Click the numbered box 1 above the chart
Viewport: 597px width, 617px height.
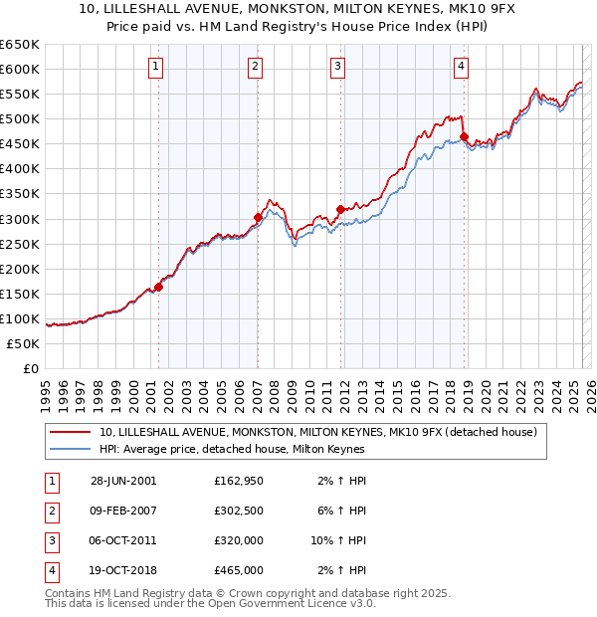(157, 67)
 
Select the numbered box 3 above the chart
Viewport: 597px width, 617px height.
(338, 67)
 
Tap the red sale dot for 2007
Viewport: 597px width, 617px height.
(258, 217)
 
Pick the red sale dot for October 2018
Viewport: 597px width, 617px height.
(464, 136)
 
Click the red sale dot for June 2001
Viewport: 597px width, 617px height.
(158, 287)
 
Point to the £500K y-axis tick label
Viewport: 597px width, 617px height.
(19, 118)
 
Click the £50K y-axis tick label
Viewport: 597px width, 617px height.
(23, 343)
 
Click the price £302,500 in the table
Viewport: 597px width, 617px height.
(239, 511)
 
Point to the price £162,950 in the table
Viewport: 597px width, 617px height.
(239, 481)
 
